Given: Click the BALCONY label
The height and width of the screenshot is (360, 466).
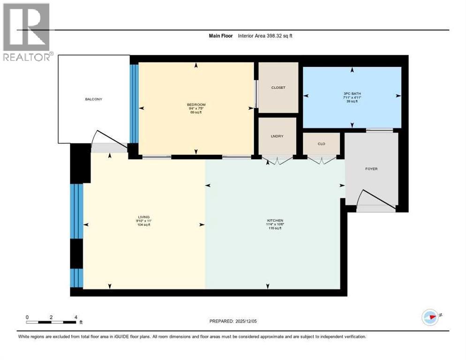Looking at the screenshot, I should [x=94, y=99].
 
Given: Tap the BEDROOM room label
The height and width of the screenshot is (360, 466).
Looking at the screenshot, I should [x=196, y=105].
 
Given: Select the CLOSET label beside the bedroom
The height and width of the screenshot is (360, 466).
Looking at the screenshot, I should [x=278, y=88].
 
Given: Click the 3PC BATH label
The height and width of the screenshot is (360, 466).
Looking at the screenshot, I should [x=351, y=93].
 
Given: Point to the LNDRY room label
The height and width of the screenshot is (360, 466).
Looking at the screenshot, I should [x=277, y=136].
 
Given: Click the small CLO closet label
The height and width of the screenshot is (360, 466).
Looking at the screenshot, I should [x=321, y=144].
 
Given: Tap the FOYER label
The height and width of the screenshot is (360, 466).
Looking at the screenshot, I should [x=371, y=169].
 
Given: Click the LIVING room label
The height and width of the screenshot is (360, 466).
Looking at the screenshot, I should [x=143, y=217].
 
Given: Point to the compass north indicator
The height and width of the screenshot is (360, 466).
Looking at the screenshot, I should [x=430, y=317].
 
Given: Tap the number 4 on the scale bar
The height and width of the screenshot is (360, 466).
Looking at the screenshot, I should [x=76, y=317].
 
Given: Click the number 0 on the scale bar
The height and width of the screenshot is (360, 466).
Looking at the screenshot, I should [x=27, y=317].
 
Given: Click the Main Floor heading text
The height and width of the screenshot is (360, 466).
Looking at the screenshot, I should [x=220, y=36].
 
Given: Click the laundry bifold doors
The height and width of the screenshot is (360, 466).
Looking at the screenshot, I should [x=278, y=160].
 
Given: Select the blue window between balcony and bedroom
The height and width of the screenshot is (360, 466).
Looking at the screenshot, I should [x=134, y=103].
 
